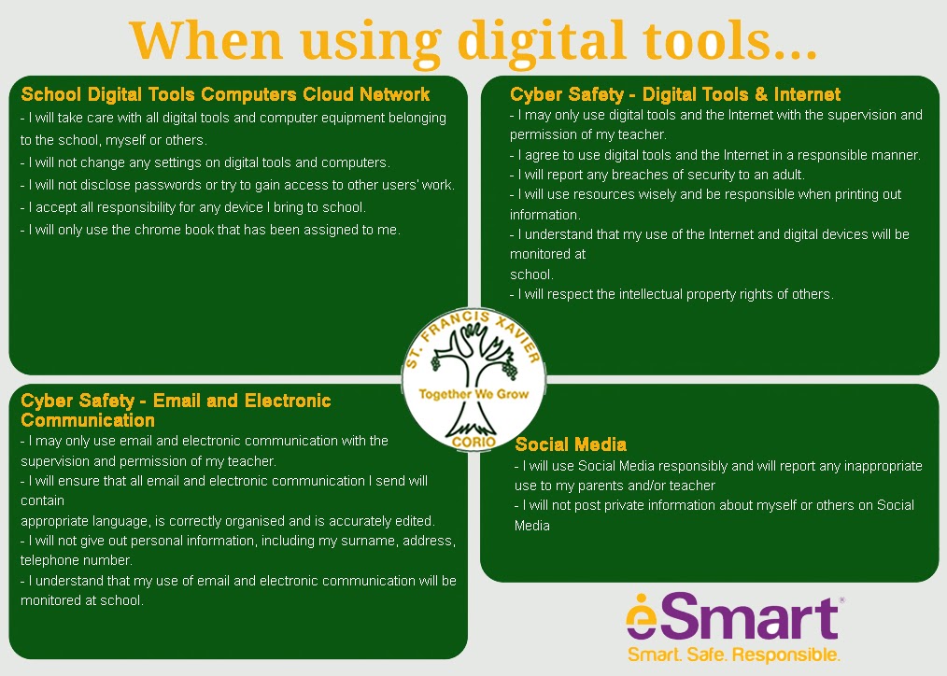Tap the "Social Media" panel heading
(571, 444)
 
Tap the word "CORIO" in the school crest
(474, 442)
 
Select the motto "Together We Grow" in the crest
(474, 394)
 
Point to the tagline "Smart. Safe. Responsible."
(734, 655)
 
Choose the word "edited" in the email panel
(414, 521)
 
